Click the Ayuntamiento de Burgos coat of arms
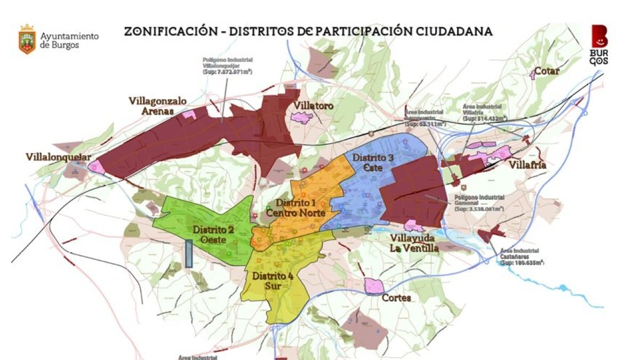coord(27,39)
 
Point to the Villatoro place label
coord(313,106)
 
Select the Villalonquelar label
coord(59,157)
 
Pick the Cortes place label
coord(396,298)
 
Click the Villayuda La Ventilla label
coord(414,243)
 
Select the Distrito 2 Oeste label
coord(213,235)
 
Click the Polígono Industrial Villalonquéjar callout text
coord(227,65)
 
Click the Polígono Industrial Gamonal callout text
coord(479,203)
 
